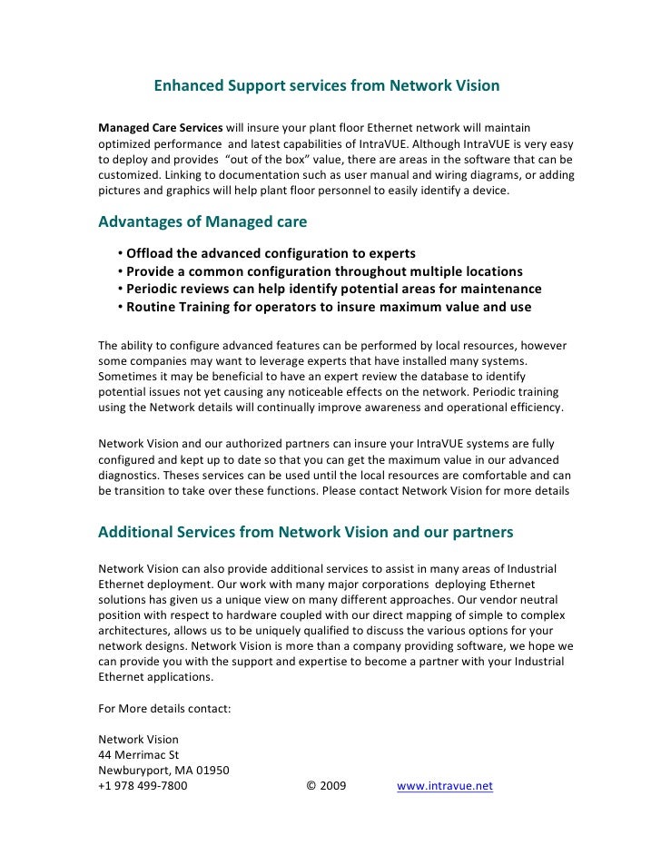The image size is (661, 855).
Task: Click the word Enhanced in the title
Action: tap(187, 87)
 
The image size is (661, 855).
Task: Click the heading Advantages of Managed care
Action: tap(202, 222)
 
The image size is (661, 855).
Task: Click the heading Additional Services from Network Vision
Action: tap(305, 531)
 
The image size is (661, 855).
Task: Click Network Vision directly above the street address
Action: tap(138, 739)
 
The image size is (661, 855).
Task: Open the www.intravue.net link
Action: tap(445, 787)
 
